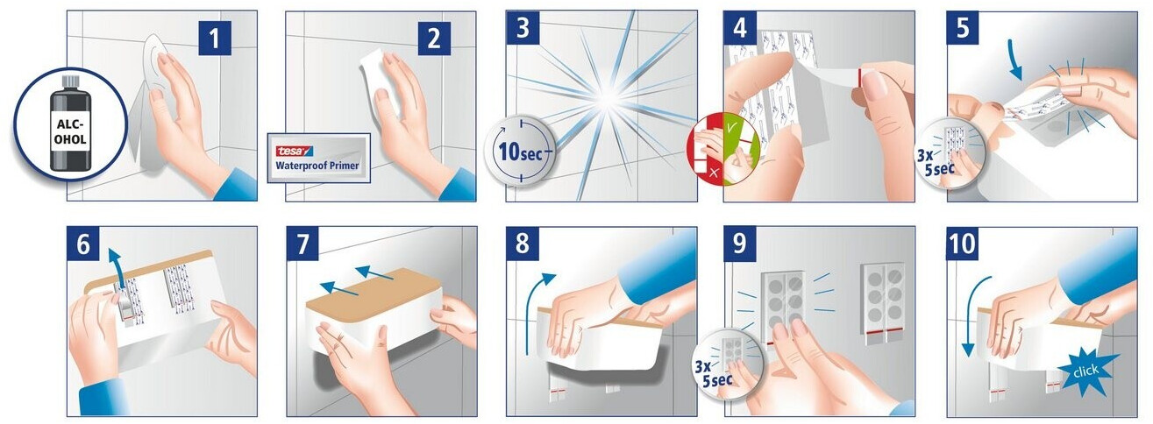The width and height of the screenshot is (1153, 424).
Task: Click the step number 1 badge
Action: [215, 38]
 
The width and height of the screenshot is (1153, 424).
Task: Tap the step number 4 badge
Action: [740, 28]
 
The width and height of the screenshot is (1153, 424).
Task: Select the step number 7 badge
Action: [303, 244]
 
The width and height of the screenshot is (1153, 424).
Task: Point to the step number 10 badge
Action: [963, 244]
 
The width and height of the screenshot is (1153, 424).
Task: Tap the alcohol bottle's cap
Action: [70, 81]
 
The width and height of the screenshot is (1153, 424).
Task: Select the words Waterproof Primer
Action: [317, 166]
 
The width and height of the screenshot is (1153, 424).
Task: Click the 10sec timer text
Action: [521, 152]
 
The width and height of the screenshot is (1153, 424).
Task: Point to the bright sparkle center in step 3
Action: [608, 97]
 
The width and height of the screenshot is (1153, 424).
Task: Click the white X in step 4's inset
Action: [714, 173]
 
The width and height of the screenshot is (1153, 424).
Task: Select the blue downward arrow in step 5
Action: [1015, 64]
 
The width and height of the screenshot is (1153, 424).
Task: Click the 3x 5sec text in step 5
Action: [936, 161]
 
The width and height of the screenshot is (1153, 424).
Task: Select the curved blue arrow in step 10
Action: [971, 314]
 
